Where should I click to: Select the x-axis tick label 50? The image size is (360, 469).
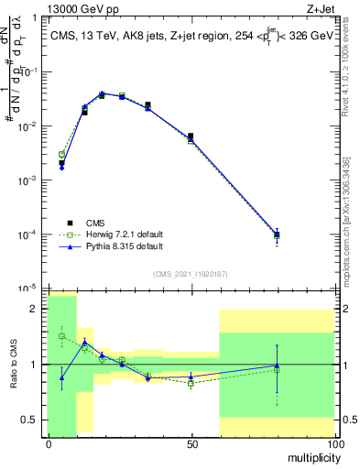(x=191, y=443)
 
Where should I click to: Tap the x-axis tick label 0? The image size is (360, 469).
(x=49, y=443)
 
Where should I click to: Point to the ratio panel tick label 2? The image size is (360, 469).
(x=37, y=310)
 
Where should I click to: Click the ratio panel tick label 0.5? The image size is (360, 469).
(x=32, y=420)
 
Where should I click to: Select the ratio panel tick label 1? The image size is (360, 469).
(x=37, y=365)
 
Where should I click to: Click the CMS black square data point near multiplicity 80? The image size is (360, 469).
(x=277, y=234)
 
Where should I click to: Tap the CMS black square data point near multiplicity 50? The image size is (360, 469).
(x=191, y=136)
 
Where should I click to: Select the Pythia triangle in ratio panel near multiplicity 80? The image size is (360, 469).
(x=277, y=365)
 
